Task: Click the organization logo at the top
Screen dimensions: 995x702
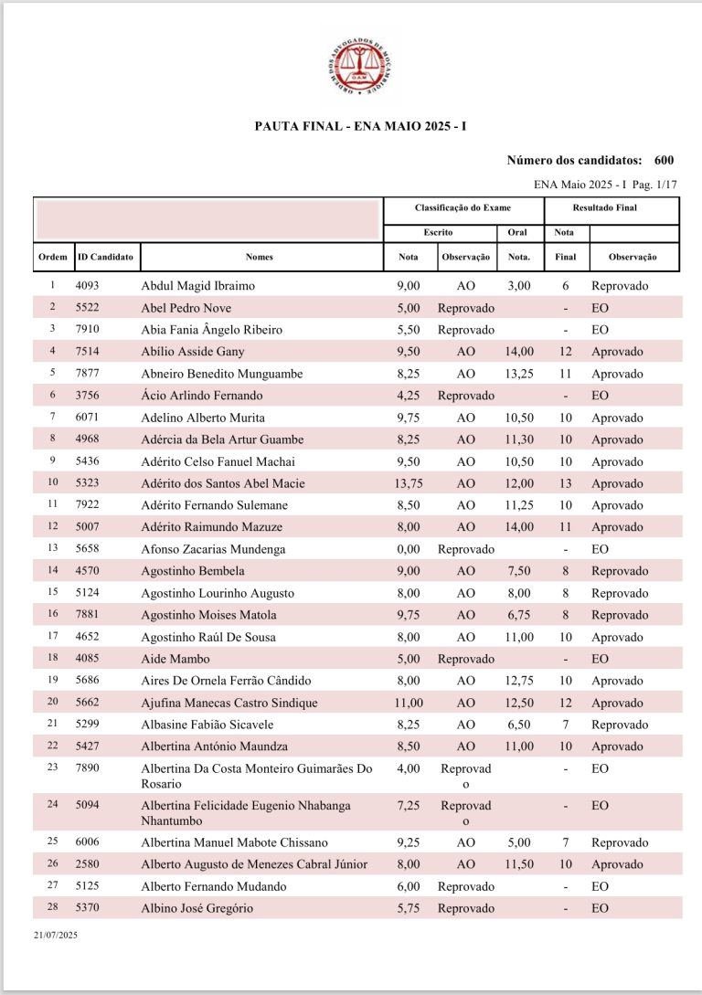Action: tap(360, 65)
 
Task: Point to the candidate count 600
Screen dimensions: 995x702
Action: tap(665, 161)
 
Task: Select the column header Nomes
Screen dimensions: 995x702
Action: tap(260, 257)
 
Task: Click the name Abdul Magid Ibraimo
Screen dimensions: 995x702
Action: tap(198, 286)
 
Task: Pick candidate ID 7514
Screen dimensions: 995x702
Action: tap(90, 352)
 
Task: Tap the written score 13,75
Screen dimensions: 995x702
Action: tap(403, 483)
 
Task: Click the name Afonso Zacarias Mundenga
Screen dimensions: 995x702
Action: tap(213, 549)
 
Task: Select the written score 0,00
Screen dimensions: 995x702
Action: tap(408, 549)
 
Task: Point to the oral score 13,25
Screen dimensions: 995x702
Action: tap(517, 374)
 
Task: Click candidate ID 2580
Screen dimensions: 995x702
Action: tap(90, 864)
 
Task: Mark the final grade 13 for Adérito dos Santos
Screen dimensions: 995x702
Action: tap(566, 483)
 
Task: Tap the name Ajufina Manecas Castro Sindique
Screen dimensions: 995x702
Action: tap(229, 703)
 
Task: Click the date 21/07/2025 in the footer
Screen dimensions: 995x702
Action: tap(57, 936)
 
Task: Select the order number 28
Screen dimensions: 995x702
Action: tap(52, 908)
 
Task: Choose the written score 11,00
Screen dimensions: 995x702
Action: tap(404, 703)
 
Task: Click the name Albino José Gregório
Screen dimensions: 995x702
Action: tap(197, 908)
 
